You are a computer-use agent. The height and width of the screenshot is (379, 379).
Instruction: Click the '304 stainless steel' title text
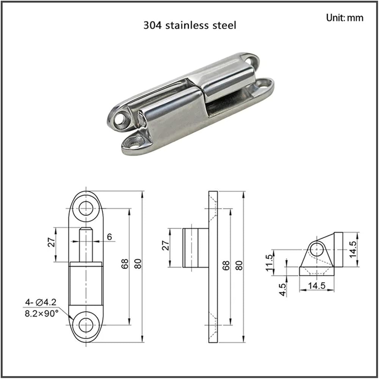(x=190, y=25)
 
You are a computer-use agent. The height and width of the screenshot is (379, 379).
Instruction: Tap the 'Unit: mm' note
(x=345, y=18)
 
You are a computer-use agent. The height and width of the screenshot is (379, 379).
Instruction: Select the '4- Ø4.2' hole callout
(x=41, y=302)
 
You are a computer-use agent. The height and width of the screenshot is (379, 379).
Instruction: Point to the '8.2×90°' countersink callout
(x=42, y=313)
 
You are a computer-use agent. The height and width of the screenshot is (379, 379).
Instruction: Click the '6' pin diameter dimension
(x=110, y=236)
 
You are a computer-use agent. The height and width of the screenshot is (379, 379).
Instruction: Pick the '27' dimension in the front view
(x=52, y=243)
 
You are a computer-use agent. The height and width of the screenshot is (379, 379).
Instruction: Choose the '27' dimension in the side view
(x=165, y=245)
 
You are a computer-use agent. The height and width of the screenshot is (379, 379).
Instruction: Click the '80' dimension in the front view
(x=138, y=264)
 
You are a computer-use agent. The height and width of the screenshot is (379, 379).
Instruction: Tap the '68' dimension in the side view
(x=226, y=265)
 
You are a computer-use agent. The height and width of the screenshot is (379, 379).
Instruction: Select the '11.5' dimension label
(x=269, y=263)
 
